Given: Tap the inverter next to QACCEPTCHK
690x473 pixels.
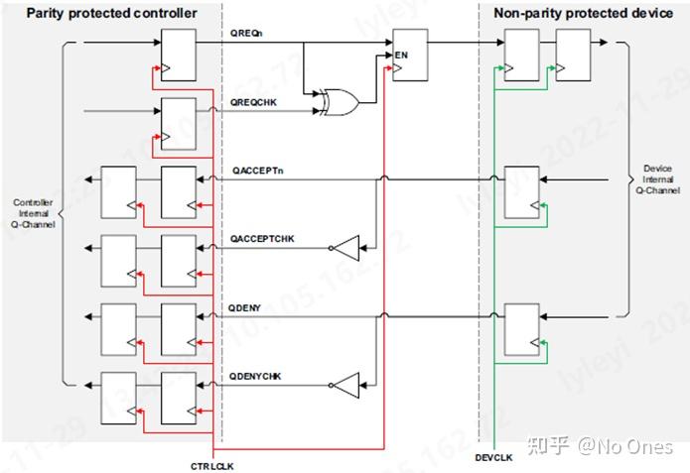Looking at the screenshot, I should (x=346, y=246).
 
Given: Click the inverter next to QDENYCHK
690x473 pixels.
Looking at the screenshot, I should (x=346, y=384).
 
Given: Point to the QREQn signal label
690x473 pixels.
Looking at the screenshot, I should (x=246, y=35).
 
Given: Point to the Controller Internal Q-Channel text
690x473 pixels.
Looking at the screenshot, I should (x=33, y=214).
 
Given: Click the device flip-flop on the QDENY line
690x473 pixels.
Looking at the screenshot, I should (x=522, y=329).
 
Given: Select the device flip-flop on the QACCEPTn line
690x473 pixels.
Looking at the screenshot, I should (x=522, y=192).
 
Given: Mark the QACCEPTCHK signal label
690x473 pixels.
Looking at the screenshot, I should (x=262, y=240).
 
